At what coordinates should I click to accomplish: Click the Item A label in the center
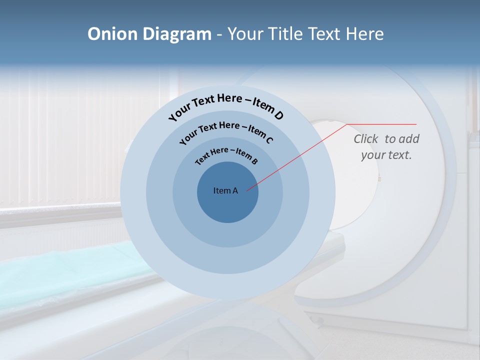225,190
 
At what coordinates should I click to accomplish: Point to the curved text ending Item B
226,155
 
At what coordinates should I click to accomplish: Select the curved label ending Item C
226,131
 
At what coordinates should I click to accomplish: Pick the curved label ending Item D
226,107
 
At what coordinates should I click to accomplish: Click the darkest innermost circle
228,205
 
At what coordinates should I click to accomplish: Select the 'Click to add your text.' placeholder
386,147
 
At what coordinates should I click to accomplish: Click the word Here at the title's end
364,34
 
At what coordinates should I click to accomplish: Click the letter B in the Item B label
254,161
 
